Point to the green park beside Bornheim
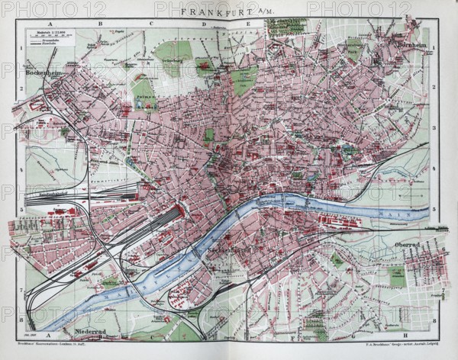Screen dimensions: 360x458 [x=354, y=50]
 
